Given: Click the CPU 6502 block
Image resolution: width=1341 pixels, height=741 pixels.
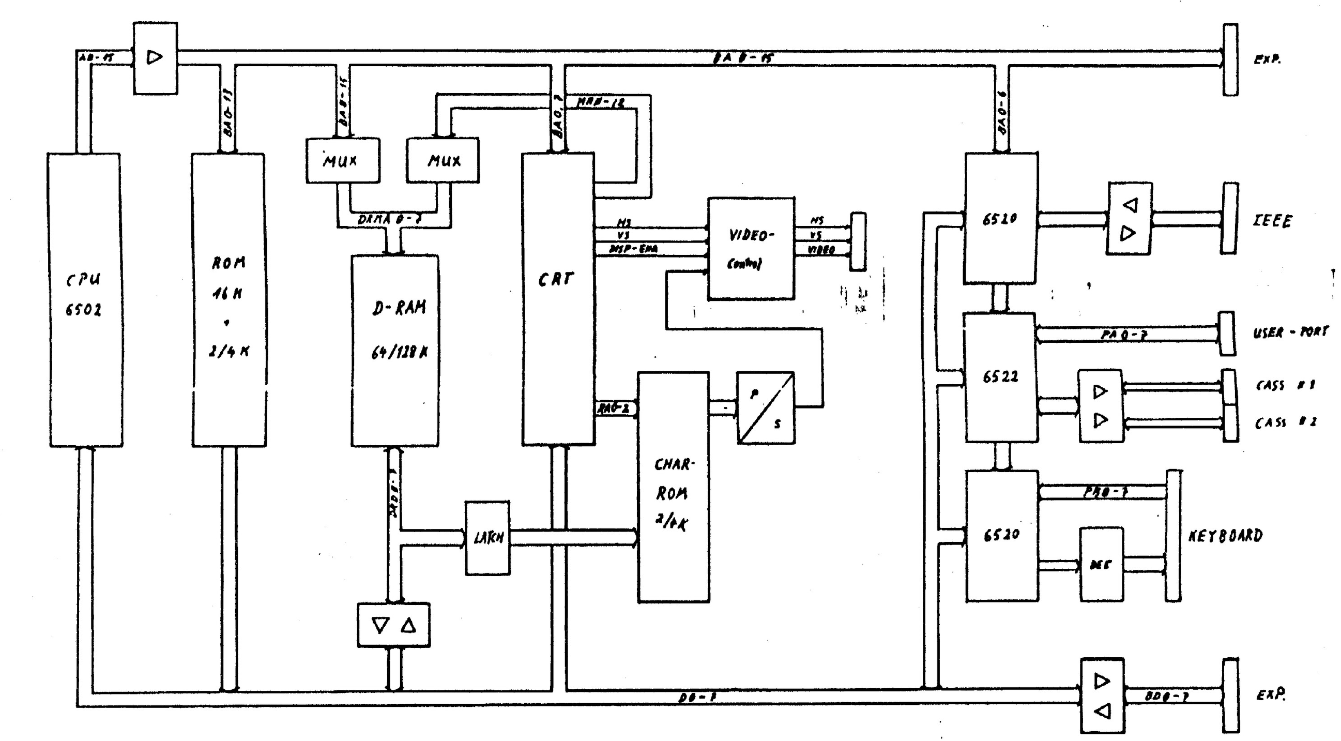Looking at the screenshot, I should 85,299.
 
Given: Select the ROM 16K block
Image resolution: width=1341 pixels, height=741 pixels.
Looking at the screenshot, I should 228,299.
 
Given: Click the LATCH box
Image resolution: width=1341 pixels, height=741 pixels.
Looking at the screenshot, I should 487,538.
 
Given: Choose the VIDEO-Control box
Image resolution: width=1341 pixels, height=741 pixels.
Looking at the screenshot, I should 751,248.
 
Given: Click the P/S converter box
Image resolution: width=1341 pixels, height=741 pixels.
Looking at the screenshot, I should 766,408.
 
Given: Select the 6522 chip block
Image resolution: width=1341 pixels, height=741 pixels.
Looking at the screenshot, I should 1000,377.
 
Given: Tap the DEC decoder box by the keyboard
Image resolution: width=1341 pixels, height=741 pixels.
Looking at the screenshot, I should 1101,565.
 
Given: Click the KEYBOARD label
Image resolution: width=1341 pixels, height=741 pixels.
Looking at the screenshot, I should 1225,536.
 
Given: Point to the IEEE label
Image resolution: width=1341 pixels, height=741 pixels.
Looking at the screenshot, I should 1272,221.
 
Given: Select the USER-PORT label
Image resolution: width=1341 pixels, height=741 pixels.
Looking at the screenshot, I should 1289,331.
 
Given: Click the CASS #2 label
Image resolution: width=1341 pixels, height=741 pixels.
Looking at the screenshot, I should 1285,422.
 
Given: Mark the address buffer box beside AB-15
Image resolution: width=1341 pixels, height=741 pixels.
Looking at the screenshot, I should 155,58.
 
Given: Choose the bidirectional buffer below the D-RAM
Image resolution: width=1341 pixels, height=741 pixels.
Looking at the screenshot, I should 393,625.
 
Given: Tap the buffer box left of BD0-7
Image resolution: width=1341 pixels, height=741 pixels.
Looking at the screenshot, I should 1102,695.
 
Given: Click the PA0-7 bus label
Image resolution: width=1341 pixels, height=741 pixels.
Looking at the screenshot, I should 1123,335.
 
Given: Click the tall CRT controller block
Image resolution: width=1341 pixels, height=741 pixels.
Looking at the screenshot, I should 558,299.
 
